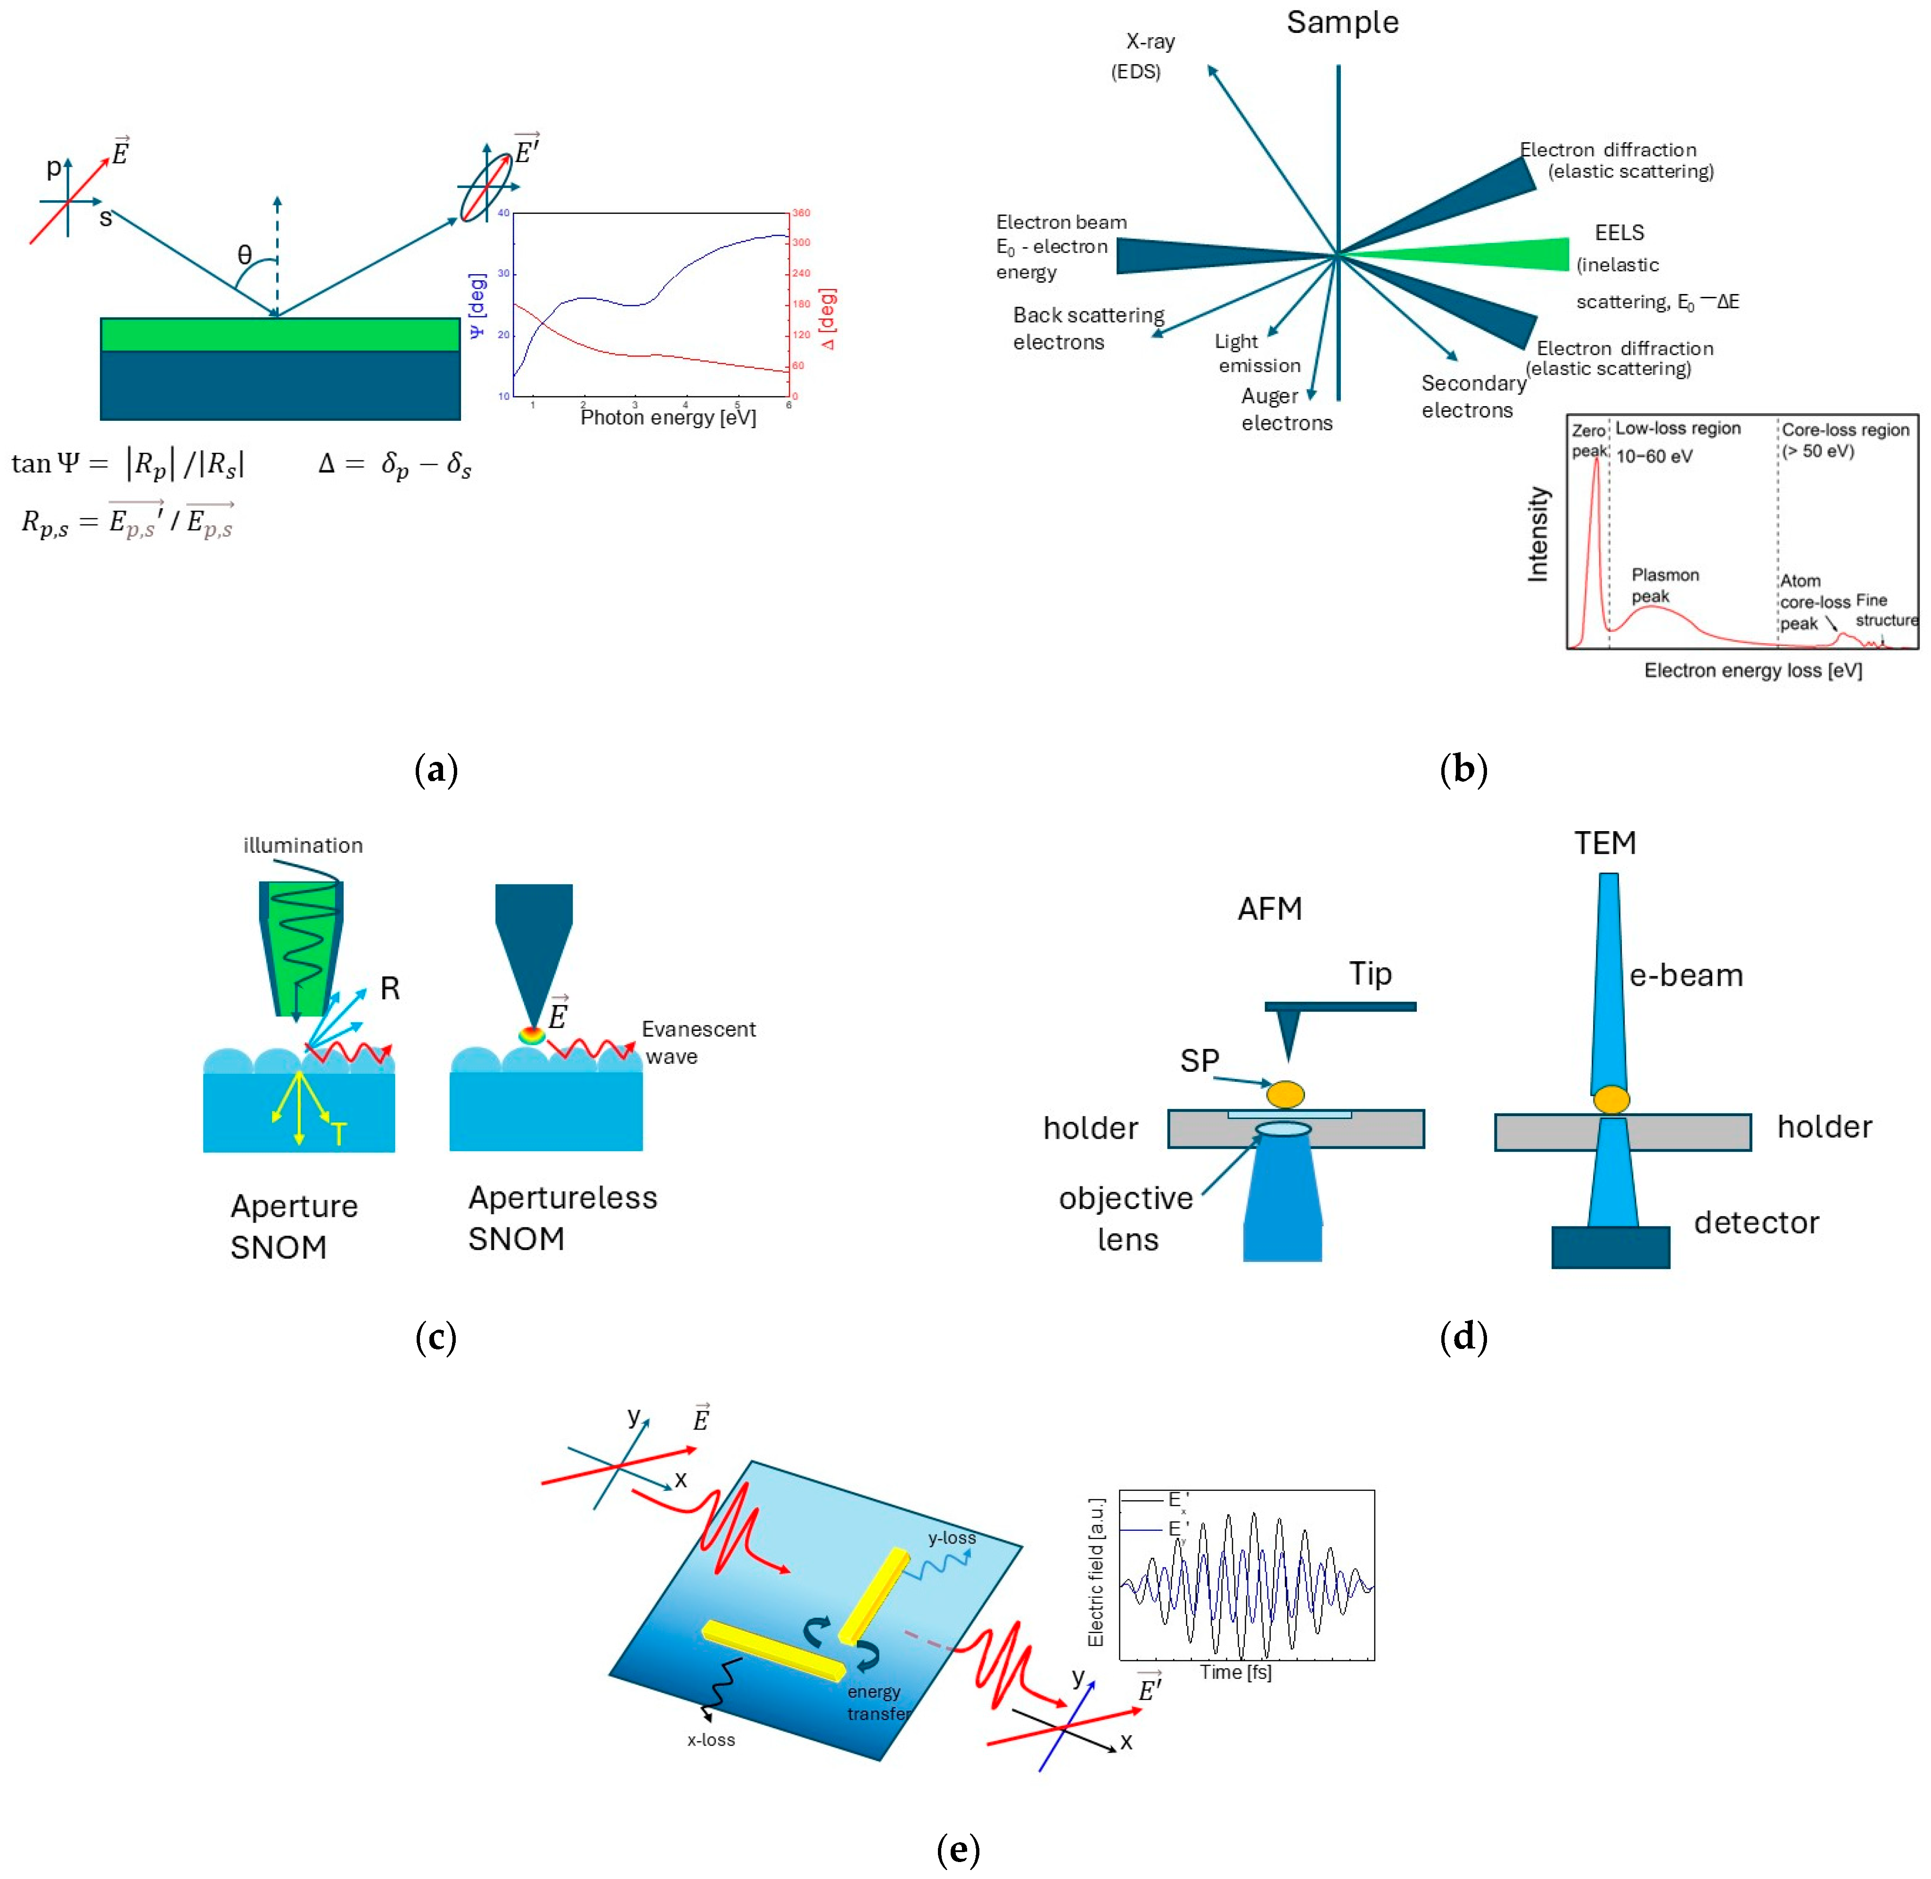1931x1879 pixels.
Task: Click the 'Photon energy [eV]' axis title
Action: click(668, 417)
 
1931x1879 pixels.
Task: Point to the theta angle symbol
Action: click(245, 254)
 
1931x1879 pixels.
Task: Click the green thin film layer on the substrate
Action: click(280, 335)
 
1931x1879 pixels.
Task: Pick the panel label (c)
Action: click(436, 1337)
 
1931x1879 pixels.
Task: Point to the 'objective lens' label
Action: click(1126, 1219)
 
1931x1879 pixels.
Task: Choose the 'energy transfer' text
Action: click(877, 1702)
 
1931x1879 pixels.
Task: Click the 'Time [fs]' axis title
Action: click(1235, 1672)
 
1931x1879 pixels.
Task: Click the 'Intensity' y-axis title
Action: click(1537, 534)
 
